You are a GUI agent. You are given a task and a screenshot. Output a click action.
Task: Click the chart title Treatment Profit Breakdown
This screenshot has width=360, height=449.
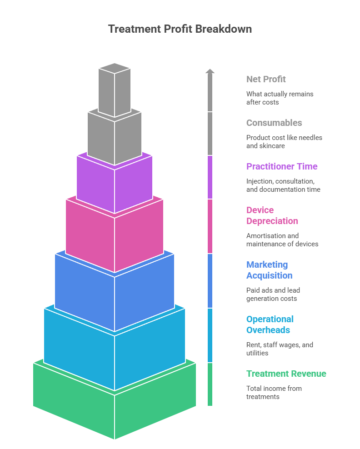click(180, 29)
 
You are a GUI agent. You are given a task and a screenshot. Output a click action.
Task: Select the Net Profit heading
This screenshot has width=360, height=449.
click(266, 79)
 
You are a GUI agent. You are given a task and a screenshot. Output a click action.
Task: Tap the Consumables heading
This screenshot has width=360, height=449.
click(274, 123)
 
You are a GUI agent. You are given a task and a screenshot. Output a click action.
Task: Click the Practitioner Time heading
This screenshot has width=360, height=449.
click(282, 166)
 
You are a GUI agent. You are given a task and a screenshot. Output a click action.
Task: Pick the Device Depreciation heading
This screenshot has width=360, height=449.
click(272, 215)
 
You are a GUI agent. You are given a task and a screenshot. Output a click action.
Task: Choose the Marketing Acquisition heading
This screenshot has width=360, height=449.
click(269, 270)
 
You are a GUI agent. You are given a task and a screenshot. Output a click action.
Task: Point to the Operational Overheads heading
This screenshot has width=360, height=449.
click(270, 324)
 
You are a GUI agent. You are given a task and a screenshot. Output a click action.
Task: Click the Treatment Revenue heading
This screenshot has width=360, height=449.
click(286, 374)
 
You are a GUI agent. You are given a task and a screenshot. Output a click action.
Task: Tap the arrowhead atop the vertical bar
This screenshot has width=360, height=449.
click(210, 71)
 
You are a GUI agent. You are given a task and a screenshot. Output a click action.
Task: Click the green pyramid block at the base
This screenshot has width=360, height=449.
click(115, 409)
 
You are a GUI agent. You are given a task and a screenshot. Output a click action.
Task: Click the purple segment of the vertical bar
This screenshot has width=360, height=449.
click(210, 177)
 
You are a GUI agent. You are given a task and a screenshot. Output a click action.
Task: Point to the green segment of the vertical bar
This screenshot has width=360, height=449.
click(210, 384)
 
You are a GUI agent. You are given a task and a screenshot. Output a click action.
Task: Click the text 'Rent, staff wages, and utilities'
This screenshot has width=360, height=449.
click(279, 349)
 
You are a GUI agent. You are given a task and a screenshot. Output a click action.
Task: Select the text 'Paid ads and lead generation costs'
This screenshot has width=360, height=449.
click(273, 294)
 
